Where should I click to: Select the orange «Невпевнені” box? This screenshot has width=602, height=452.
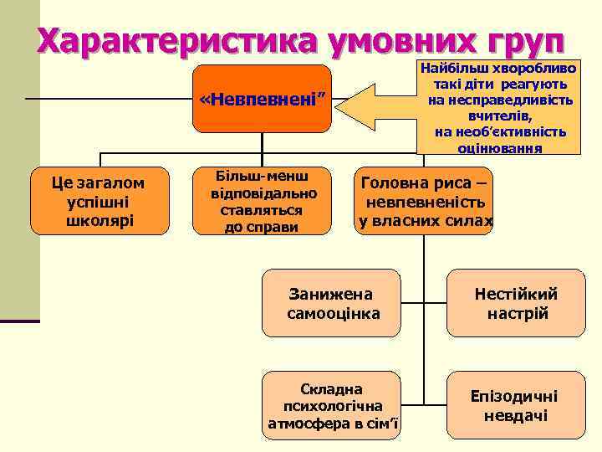click(x=262, y=100)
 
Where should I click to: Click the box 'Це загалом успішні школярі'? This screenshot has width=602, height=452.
click(x=98, y=202)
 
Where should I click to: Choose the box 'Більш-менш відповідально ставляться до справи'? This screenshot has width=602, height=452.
click(x=262, y=202)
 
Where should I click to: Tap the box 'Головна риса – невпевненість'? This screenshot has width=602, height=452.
click(x=425, y=202)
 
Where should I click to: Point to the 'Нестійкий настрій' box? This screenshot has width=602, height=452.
click(x=516, y=303)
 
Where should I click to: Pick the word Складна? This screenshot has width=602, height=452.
click(x=332, y=388)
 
